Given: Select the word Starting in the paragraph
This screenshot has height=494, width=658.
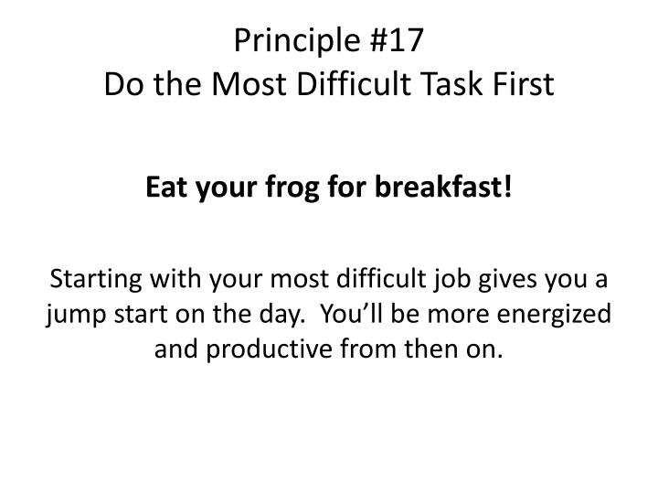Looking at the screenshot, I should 93,278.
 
